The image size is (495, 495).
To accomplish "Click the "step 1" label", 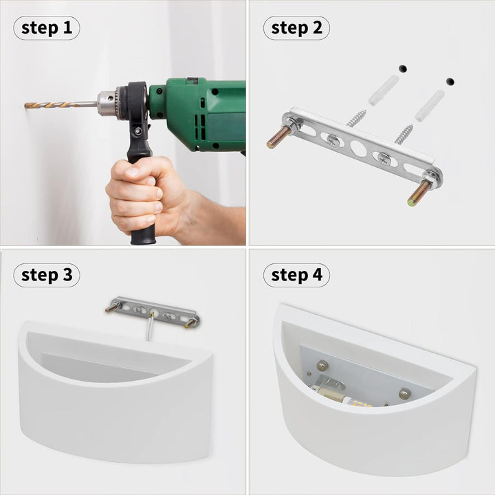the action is [x=47, y=28].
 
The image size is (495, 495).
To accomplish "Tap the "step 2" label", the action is [x=297, y=28].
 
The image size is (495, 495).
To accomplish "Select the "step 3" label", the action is [x=47, y=275].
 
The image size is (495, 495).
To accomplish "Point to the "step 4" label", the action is [x=297, y=275].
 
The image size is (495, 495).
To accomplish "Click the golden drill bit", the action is [x=50, y=104].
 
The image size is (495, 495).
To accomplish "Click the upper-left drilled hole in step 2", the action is [x=403, y=68].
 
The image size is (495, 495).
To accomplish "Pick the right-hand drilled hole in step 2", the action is [x=450, y=82].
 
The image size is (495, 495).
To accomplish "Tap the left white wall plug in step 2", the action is [x=384, y=90].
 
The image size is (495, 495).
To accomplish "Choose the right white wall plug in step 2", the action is [x=430, y=105].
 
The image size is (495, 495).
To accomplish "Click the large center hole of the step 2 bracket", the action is [x=358, y=148].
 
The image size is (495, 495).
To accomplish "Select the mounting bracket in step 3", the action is [x=153, y=313].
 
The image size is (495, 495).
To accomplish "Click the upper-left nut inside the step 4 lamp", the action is [x=322, y=366].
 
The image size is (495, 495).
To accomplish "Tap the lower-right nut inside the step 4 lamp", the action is [x=404, y=393].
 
